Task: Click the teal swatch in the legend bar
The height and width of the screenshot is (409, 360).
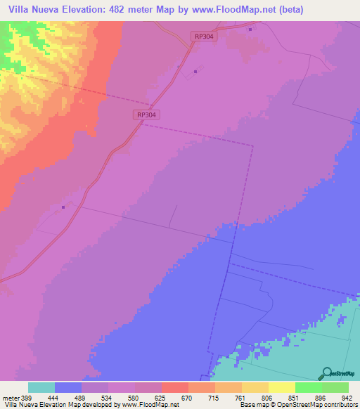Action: click(x=41, y=387)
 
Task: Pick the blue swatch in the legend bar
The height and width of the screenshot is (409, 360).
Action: click(x=67, y=387)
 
